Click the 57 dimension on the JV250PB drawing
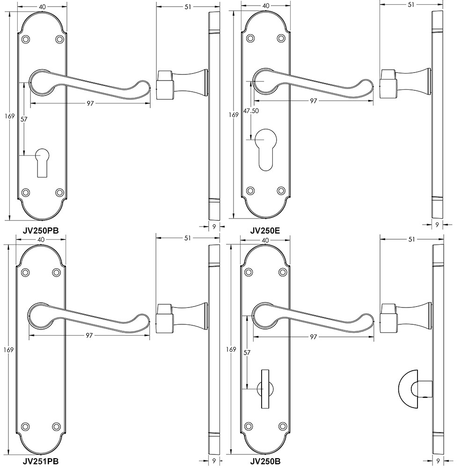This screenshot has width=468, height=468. [x=24, y=119]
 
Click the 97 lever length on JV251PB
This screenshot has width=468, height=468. [x=89, y=336]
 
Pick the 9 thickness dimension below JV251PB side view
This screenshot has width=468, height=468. [x=213, y=461]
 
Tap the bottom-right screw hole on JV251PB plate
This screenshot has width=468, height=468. [x=57, y=426]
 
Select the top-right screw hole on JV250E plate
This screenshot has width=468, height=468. [x=282, y=39]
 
